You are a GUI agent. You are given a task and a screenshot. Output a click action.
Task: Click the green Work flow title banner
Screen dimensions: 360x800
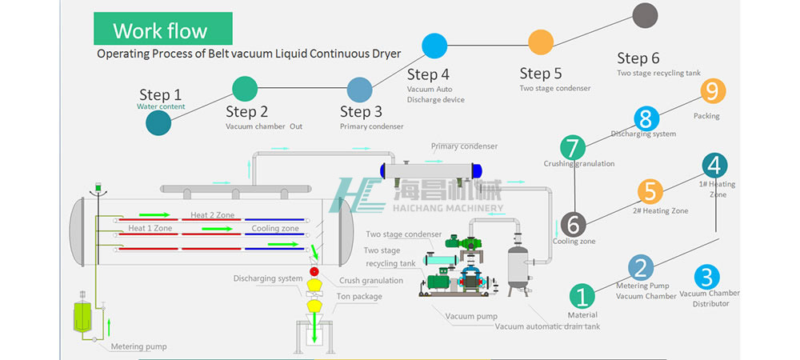162,30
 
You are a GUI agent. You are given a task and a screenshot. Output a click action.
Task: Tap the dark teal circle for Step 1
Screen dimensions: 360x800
158,122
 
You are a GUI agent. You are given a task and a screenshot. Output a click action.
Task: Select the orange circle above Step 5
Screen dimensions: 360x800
541,41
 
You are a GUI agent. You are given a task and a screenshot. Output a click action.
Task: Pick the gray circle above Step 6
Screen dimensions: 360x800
645,15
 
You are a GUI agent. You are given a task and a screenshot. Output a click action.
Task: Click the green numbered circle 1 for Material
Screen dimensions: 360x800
582,296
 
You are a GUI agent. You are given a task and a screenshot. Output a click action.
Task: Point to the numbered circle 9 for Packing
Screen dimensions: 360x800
712,91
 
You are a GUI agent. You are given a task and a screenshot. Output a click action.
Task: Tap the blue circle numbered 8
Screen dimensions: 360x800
646,119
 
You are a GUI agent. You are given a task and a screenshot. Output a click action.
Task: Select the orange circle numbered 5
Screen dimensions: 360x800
650,191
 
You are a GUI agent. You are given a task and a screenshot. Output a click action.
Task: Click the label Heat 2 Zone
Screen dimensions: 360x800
211,215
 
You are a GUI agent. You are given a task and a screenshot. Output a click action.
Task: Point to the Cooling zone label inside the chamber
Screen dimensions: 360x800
276,229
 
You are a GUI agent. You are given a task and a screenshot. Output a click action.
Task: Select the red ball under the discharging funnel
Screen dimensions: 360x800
314,272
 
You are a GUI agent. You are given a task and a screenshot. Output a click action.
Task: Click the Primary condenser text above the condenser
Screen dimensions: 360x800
464,146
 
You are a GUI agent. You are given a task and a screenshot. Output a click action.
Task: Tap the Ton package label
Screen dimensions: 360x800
359,296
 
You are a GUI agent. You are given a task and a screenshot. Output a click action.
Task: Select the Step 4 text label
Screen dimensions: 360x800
428,75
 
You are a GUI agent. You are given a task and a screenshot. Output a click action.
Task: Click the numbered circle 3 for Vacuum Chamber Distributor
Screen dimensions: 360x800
705,277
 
